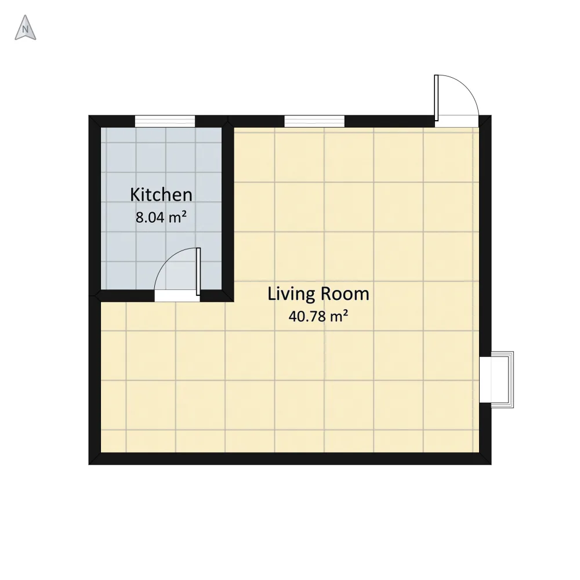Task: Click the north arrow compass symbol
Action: point(25,28)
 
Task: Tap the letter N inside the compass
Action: point(25,29)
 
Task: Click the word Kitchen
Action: point(161,195)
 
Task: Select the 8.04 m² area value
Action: point(161,217)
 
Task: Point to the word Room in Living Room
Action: point(345,294)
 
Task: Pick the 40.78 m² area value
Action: point(318,316)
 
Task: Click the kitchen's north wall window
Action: point(165,121)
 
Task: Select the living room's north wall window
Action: point(314,121)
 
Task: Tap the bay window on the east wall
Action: point(497,379)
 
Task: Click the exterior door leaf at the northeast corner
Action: point(437,98)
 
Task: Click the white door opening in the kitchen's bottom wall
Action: point(177,296)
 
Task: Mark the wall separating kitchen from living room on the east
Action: point(228,209)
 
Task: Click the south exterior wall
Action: point(290,459)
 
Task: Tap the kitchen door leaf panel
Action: point(198,271)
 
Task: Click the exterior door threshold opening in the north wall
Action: point(457,121)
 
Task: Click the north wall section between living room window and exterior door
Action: point(390,121)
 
